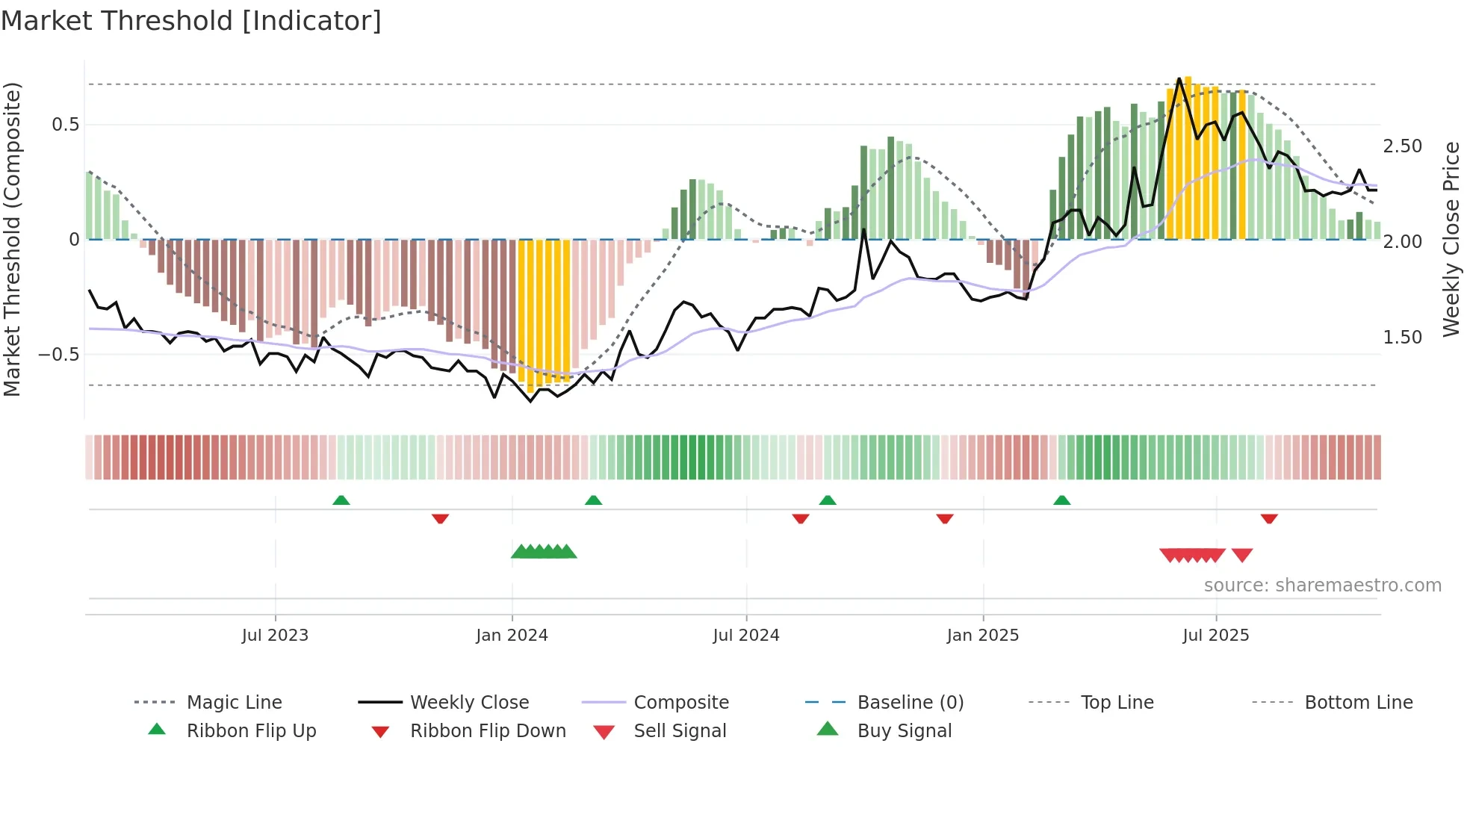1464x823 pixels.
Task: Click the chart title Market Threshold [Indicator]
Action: click(191, 21)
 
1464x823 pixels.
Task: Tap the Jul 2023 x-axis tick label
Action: click(275, 635)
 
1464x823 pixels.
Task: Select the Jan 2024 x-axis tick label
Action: click(512, 635)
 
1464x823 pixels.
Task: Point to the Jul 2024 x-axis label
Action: click(745, 635)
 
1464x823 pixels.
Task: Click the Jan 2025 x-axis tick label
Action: click(982, 635)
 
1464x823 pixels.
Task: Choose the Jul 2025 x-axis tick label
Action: click(1215, 635)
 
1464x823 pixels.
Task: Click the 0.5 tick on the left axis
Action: click(65, 125)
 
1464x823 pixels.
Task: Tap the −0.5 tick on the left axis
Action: click(59, 355)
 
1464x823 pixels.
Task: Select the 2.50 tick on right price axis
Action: click(1402, 146)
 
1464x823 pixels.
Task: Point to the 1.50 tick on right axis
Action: click(1402, 338)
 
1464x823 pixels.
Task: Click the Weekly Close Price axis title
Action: click(1451, 239)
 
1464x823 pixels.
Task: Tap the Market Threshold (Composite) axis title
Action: click(12, 239)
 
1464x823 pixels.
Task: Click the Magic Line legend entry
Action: click(234, 703)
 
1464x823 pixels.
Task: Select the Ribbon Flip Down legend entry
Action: click(488, 731)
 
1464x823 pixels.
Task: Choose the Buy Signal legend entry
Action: click(904, 731)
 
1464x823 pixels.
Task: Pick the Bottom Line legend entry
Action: click(1358, 703)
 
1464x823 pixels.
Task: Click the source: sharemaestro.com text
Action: click(1322, 586)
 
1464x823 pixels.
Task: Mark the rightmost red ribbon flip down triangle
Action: click(1269, 518)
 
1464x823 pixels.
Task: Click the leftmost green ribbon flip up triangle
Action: click(341, 500)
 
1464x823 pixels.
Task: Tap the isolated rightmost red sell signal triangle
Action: click(1242, 555)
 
